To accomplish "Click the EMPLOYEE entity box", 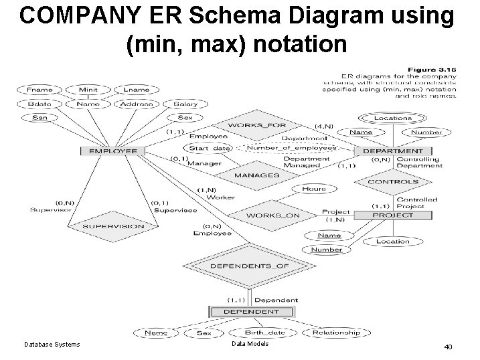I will [x=113, y=151].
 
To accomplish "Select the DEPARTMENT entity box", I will [x=392, y=151].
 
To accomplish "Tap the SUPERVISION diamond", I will [x=113, y=226].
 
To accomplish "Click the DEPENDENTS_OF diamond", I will [x=250, y=266].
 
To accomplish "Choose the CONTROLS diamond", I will [x=393, y=181].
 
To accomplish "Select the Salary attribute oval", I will [x=185, y=104].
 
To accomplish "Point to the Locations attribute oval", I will [x=393, y=118].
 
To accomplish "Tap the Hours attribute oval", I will [x=314, y=189].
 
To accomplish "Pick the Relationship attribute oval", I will [x=335, y=333].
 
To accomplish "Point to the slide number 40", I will [x=447, y=347].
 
